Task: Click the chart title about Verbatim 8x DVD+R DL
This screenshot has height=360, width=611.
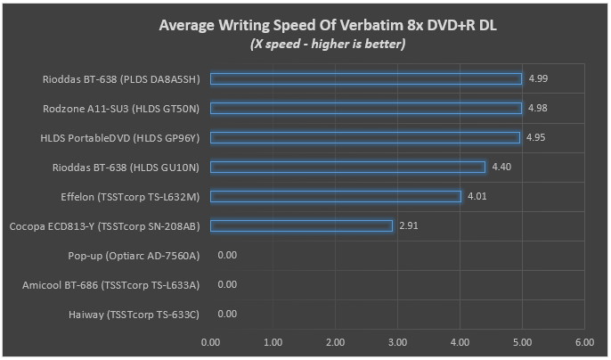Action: [327, 25]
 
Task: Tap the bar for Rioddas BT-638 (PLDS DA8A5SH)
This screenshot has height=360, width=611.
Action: [366, 78]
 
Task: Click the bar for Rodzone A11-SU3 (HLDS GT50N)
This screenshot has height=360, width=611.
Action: [366, 108]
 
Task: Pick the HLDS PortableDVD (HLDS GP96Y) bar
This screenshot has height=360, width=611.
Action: [365, 137]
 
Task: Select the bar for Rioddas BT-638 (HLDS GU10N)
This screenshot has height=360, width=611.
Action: [348, 167]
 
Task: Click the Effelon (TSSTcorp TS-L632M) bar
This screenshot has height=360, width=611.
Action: [336, 196]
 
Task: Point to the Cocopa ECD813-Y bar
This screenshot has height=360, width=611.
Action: [301, 225]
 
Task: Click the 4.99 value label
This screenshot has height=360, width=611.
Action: [537, 78]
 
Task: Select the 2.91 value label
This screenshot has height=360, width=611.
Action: [408, 225]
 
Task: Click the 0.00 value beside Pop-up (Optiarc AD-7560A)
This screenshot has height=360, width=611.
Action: [227, 255]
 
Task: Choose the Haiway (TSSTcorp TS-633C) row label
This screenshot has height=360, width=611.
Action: [134, 314]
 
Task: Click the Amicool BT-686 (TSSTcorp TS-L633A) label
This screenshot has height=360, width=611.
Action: [111, 284]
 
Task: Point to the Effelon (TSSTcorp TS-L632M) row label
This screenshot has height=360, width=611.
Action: [128, 196]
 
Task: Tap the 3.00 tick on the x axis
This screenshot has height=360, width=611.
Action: [397, 341]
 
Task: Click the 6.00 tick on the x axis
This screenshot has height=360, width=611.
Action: [584, 341]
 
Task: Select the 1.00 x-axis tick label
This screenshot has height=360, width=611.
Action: [273, 341]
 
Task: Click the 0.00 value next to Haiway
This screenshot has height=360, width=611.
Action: [227, 314]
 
